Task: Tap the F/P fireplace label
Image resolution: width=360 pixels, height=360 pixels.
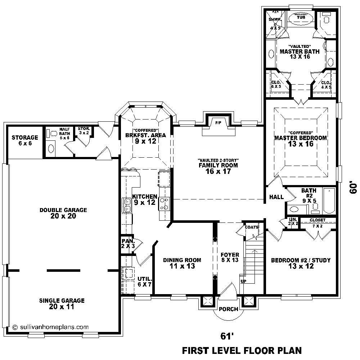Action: tap(218, 123)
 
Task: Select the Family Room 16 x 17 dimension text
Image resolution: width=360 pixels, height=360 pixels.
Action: tap(218, 171)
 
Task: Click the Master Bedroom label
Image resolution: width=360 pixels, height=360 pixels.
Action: tap(301, 138)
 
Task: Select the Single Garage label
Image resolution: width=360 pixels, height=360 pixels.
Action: tap(62, 300)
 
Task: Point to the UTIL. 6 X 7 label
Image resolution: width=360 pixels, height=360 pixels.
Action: tap(145, 282)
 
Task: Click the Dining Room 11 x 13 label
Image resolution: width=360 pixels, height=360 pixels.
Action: tap(182, 263)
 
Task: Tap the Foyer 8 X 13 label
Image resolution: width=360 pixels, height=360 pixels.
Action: tap(230, 257)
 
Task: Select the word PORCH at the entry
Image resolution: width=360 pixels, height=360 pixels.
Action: tap(228, 309)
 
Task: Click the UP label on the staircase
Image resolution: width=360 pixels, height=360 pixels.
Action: tap(243, 281)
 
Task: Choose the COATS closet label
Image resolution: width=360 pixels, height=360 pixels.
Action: tap(252, 227)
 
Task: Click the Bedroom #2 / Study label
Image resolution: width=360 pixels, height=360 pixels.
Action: tap(301, 263)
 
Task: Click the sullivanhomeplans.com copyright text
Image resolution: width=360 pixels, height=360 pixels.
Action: tap(50, 327)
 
